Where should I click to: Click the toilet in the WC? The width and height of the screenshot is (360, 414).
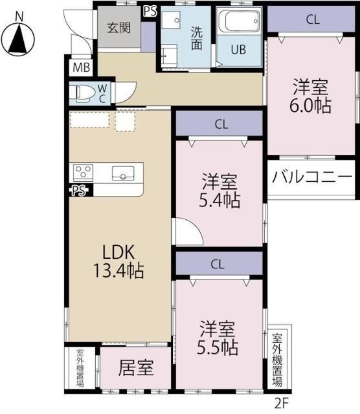(83, 93)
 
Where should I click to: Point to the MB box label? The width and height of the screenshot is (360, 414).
(81, 67)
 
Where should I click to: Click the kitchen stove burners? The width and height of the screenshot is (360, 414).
(84, 173)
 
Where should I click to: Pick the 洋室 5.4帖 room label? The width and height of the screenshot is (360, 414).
(219, 191)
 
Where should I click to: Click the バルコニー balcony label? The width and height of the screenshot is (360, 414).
(311, 176)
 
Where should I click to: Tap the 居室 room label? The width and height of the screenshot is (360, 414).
(136, 369)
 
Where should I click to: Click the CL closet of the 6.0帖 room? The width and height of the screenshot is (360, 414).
(313, 19)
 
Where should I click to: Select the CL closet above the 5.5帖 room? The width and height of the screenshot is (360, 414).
(218, 263)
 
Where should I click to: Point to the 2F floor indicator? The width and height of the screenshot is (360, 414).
(280, 402)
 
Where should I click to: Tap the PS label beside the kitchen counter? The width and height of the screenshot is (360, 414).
(79, 190)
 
